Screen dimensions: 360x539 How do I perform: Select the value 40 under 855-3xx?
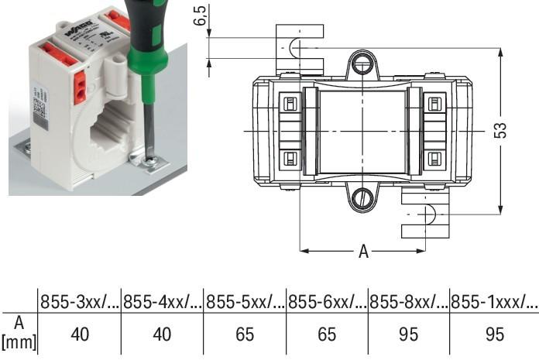click(x=80, y=334)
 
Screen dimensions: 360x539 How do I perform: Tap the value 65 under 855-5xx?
click(x=244, y=334)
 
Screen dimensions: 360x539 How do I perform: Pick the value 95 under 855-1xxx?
click(x=493, y=334)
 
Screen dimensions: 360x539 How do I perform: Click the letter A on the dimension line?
click(x=363, y=252)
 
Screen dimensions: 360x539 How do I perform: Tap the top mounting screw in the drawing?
click(x=362, y=64)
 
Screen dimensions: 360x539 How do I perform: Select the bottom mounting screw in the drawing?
click(x=362, y=199)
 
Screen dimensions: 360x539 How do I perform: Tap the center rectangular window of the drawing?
click(x=362, y=132)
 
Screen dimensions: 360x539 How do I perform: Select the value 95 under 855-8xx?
click(x=409, y=334)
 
